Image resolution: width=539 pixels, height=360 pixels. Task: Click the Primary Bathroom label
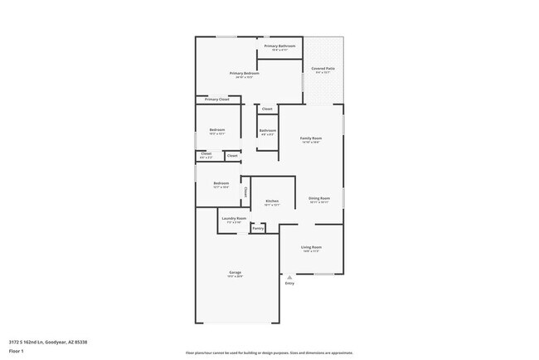[279, 46]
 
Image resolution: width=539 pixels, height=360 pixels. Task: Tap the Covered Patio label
[323, 68]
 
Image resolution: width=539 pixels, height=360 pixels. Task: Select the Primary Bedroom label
[245, 73]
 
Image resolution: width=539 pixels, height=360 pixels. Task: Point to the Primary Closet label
[216, 100]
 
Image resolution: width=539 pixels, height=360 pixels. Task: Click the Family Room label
[311, 138]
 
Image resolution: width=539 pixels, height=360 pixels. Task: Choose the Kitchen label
[271, 201]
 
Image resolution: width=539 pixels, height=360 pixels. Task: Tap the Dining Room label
[319, 198]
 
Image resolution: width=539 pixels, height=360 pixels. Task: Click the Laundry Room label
[234, 218]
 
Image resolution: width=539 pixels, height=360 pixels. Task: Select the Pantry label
[258, 228]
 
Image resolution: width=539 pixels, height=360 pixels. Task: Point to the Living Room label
[311, 247]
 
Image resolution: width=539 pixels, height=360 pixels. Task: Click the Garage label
[236, 272]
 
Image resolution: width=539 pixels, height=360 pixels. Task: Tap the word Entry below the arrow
[289, 284]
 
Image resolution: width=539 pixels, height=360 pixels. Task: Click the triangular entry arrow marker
[289, 277]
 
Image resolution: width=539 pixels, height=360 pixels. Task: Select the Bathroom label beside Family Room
[267, 130]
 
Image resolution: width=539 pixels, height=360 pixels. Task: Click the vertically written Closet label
[245, 192]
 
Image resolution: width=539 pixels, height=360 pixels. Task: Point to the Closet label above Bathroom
[267, 109]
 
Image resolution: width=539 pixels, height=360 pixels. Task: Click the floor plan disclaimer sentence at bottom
[269, 353]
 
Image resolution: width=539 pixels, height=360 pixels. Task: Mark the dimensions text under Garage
[236, 276]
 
